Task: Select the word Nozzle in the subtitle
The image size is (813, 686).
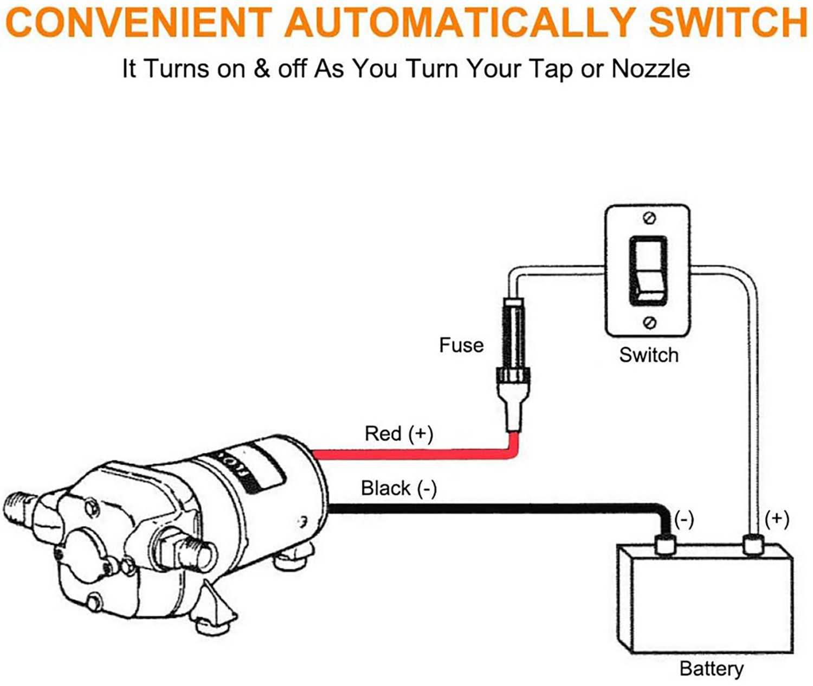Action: click(x=650, y=69)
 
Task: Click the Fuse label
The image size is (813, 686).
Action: click(x=461, y=345)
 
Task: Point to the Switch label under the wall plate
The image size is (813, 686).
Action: click(x=648, y=355)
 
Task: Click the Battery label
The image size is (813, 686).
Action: click(x=711, y=668)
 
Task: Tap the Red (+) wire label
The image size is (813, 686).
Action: click(x=399, y=433)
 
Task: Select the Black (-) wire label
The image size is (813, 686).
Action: click(x=399, y=488)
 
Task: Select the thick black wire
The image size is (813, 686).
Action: click(x=488, y=508)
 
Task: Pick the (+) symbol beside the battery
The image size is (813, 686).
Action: click(x=777, y=519)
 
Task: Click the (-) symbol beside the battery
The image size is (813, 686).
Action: click(x=684, y=519)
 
